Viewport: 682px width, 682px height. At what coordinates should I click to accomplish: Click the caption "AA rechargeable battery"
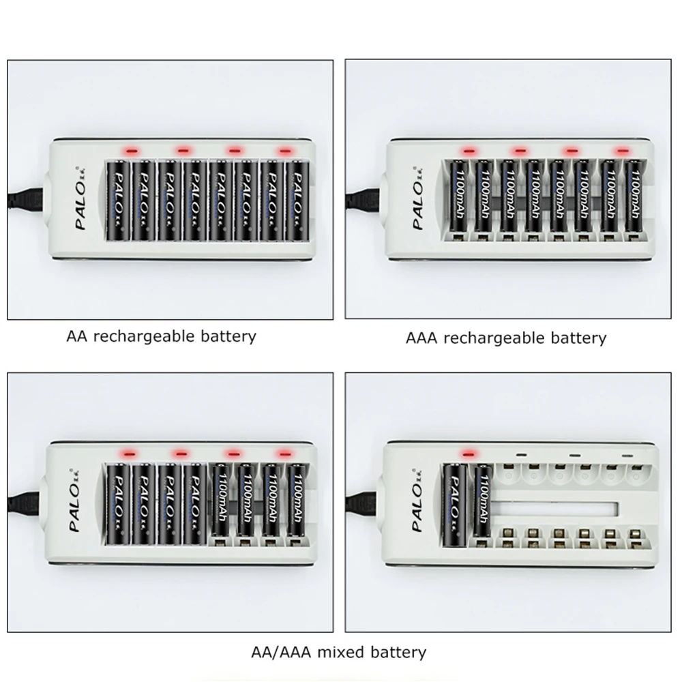pos(161,336)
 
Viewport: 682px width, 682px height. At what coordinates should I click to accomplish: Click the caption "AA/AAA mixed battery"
pos(338,652)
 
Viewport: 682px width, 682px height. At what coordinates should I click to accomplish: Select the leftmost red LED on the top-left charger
pos(130,150)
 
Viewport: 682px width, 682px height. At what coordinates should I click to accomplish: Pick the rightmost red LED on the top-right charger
pos(621,150)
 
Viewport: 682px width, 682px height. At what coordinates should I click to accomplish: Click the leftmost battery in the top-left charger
pos(118,201)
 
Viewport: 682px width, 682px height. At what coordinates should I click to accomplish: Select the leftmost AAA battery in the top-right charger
pos(456,198)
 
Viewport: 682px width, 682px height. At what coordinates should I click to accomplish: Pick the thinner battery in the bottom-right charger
pos(482,501)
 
